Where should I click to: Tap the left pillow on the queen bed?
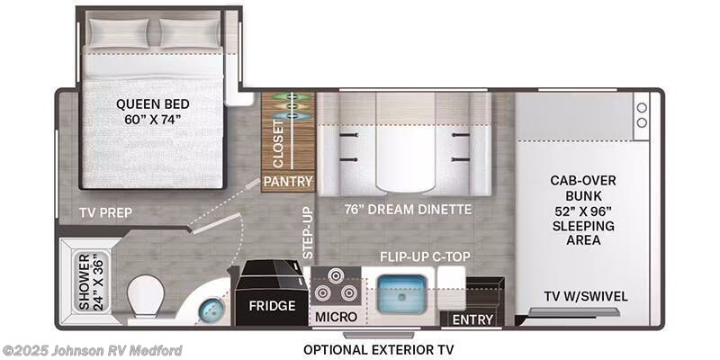pos(120,33)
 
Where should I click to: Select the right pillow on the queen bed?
pos(191,33)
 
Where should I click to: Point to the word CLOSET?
pos(278,144)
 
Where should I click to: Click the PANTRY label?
pos(288,182)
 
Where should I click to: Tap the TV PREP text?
pos(105,212)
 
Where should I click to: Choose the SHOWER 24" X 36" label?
pos(92,282)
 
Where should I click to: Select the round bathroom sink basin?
pos(211,310)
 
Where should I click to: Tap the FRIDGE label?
pos(273,305)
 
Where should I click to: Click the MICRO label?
pos(336,317)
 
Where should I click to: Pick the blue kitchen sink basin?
pos(402,294)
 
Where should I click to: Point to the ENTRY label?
pos(472,319)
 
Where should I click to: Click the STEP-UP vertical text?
pos(308,232)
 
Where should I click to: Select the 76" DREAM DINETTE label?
pos(409,210)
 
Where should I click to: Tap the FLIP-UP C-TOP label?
pos(425,256)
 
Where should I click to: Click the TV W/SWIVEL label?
pos(586,297)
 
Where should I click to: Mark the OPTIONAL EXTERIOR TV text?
pos(379,350)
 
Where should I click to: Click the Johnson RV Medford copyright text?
pos(92,351)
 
